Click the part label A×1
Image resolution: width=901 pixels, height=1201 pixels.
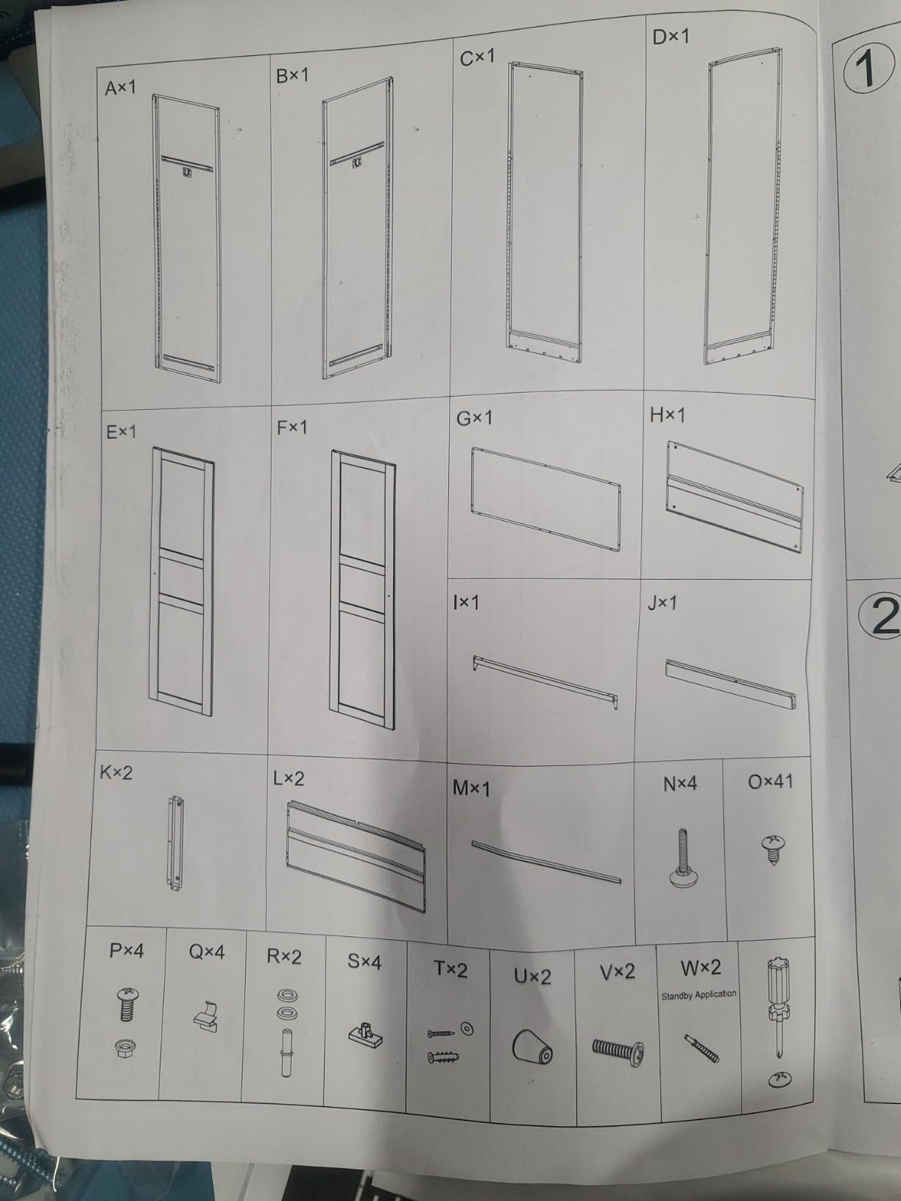120,88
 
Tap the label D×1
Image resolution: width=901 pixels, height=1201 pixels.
671,38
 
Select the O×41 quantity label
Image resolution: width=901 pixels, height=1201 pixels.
770,782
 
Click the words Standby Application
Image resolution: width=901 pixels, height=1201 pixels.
699,995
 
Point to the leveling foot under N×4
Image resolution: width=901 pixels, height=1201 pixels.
682,858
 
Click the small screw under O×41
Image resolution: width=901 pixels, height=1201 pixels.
773,849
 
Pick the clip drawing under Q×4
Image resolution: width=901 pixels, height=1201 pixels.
205,1018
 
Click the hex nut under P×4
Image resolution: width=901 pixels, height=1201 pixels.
126,1049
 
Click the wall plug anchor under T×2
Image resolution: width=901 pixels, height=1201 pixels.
443,1057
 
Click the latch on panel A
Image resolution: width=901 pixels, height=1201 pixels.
188,171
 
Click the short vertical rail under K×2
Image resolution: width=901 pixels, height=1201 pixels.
175,844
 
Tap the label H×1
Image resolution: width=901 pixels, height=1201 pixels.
667,415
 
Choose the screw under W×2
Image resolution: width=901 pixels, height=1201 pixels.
702,1048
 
